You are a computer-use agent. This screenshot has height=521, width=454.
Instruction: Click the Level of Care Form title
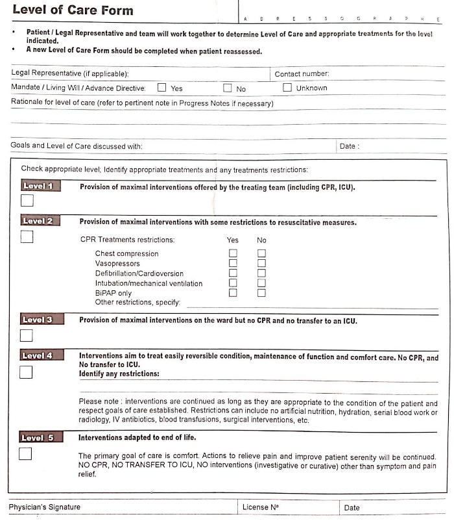tap(73, 10)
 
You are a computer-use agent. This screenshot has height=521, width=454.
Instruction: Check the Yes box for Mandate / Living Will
tap(162, 88)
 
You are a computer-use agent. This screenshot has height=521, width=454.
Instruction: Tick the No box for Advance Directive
tap(228, 88)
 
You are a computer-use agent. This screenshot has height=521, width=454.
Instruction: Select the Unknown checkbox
tap(287, 88)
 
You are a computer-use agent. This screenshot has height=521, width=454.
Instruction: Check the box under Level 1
tap(27, 200)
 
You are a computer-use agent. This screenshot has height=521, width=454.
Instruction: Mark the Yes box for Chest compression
tap(233, 253)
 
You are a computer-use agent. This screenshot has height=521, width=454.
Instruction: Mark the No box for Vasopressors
tap(262, 264)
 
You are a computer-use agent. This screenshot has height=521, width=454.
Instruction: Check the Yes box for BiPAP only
tap(233, 293)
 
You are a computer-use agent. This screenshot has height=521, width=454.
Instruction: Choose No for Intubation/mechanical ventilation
tap(262, 283)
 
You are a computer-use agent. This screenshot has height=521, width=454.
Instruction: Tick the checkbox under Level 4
tap(26, 372)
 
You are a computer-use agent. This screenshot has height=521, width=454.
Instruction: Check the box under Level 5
tap(25, 454)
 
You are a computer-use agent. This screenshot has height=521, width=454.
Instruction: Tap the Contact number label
tap(302, 74)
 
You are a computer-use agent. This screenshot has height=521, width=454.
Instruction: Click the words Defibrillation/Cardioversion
tap(139, 273)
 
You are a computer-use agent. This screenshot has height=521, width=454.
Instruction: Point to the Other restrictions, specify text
tap(137, 302)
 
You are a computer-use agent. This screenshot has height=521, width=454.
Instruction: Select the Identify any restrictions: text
tap(119, 374)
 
